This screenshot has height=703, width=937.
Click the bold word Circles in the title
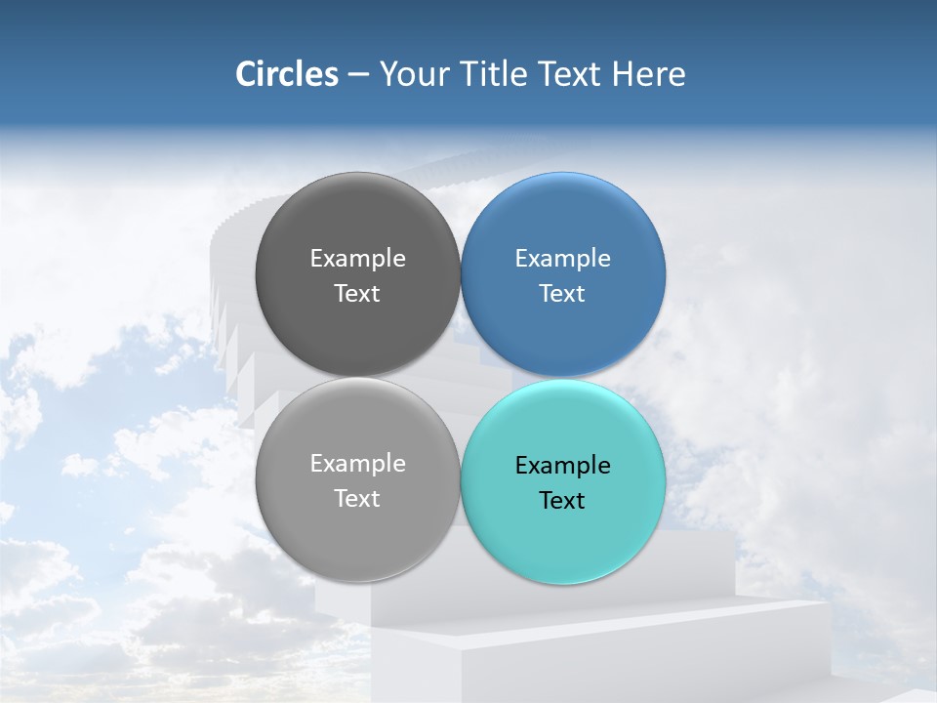[x=286, y=74]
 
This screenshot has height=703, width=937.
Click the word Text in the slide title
[x=570, y=74]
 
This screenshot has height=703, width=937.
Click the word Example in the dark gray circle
[x=357, y=259]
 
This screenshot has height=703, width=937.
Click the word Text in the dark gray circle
[x=357, y=294]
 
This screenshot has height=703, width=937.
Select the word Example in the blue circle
[x=562, y=259]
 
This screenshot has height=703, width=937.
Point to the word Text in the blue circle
[x=562, y=294]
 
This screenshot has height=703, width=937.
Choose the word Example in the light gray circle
[x=357, y=464]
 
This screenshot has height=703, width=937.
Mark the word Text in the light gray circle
[x=357, y=499]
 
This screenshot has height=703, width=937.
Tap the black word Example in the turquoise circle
[x=562, y=466]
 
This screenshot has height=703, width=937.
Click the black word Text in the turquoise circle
[x=562, y=501]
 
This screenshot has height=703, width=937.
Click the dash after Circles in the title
[x=358, y=74]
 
